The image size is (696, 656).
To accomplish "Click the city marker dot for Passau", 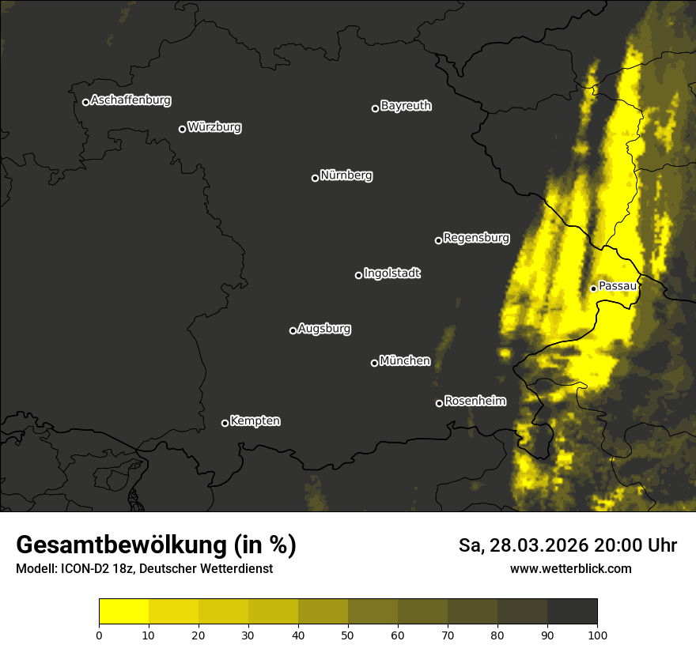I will click(593, 288).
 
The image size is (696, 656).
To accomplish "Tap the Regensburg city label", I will click(476, 237).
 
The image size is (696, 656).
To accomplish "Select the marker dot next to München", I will click(375, 363).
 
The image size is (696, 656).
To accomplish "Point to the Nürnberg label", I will click(346, 175).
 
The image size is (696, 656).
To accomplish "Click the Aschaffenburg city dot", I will click(85, 102).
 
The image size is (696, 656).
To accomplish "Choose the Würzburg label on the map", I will click(214, 126).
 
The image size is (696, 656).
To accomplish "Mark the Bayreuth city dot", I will click(376, 108).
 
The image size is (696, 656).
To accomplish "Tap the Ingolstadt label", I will click(392, 273).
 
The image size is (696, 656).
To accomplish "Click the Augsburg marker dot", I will click(293, 330).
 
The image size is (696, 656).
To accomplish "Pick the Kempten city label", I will click(255, 421).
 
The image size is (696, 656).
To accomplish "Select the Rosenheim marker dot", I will click(439, 403).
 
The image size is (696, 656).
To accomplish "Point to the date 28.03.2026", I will click(538, 545).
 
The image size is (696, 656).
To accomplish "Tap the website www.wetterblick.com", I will click(570, 568).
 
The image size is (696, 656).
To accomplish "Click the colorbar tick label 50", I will click(348, 634).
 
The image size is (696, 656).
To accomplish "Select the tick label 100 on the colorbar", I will click(597, 634).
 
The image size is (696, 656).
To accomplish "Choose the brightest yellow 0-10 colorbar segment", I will click(123, 612).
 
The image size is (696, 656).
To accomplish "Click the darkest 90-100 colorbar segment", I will click(572, 612).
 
